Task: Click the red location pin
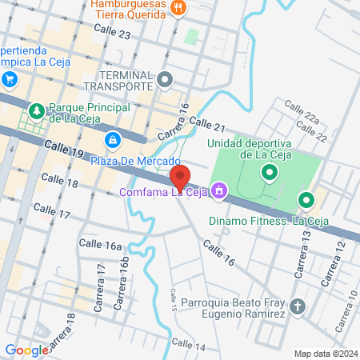click(x=181, y=177)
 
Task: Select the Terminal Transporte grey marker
click(x=166, y=79)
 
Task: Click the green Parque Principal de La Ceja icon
click(x=36, y=109)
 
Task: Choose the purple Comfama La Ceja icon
click(x=219, y=191)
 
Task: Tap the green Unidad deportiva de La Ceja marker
click(x=270, y=170)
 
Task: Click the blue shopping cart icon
click(x=10, y=78)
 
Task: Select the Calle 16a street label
click(x=100, y=245)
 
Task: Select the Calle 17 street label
click(x=53, y=214)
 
